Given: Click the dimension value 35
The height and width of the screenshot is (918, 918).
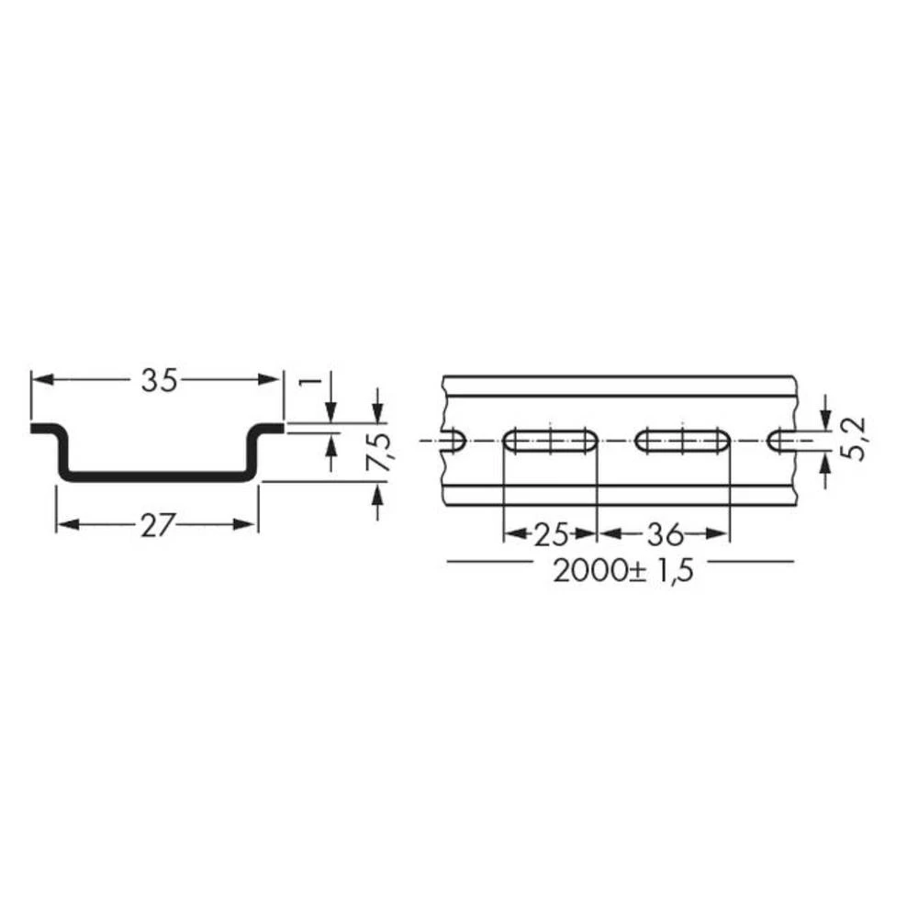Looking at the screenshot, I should pos(158,381).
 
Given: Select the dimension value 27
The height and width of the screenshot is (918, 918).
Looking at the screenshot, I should pos(158,526).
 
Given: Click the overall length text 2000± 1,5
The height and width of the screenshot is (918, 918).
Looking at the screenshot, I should pos(621,572).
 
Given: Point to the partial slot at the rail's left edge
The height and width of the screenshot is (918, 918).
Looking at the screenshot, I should pos(454,442).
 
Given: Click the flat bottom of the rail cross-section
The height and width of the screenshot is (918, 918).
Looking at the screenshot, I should pos(158,476).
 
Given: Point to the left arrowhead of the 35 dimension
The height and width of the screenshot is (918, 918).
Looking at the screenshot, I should pos(39,380).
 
